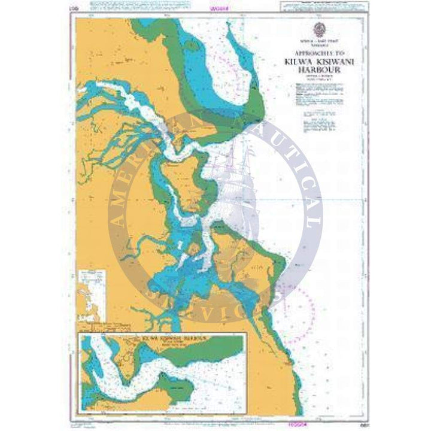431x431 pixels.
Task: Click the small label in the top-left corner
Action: coord(73,10)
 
